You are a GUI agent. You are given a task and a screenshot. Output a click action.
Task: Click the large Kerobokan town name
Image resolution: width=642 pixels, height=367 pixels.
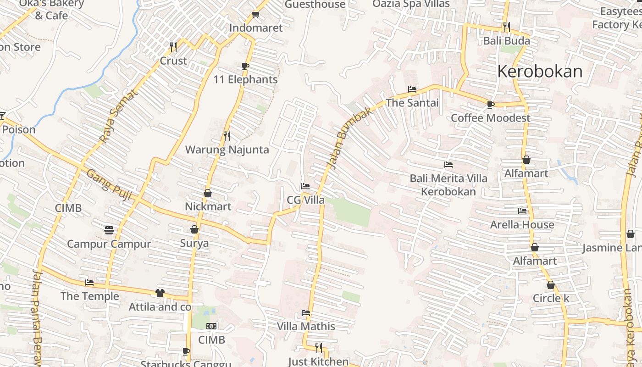coord(540,72)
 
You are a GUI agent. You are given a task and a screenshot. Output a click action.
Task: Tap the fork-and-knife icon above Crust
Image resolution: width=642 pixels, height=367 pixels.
coord(173,47)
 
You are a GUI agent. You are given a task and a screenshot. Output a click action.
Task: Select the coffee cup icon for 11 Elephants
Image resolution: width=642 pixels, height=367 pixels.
coord(245,66)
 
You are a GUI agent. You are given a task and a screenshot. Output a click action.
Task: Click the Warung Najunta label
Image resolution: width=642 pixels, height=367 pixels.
coord(227,150)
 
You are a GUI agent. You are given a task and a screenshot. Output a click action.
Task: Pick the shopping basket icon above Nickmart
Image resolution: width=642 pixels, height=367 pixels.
coord(208,193)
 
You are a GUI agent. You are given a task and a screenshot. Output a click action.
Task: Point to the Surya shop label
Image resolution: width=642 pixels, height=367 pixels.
coord(194,243)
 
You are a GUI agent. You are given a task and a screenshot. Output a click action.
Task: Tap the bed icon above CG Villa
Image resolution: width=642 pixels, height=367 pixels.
coord(305,186)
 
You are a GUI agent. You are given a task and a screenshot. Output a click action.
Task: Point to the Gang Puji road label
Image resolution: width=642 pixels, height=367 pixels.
coord(109,185)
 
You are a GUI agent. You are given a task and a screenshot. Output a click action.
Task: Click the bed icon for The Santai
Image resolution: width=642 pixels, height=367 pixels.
coord(412,89)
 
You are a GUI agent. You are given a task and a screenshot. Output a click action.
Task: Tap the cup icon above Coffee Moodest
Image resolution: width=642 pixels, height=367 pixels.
coord(491,105)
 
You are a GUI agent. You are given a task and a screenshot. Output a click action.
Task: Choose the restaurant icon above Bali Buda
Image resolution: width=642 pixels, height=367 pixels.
coord(506,27)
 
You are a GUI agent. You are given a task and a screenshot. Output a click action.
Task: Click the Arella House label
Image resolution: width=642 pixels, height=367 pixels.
coord(522,224)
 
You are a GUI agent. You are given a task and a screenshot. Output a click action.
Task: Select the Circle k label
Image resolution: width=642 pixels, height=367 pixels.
coord(551,298)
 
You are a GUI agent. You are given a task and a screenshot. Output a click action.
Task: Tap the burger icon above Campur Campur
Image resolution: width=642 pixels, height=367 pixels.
coord(109,230)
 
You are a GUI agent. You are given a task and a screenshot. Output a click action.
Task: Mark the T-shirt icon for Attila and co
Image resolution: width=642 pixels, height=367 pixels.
coord(160,293)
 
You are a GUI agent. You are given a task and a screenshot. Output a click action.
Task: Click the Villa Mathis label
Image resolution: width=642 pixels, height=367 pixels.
coord(306,326)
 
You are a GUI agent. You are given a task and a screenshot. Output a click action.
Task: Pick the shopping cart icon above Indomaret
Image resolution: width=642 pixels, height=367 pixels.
coord(255,15)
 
